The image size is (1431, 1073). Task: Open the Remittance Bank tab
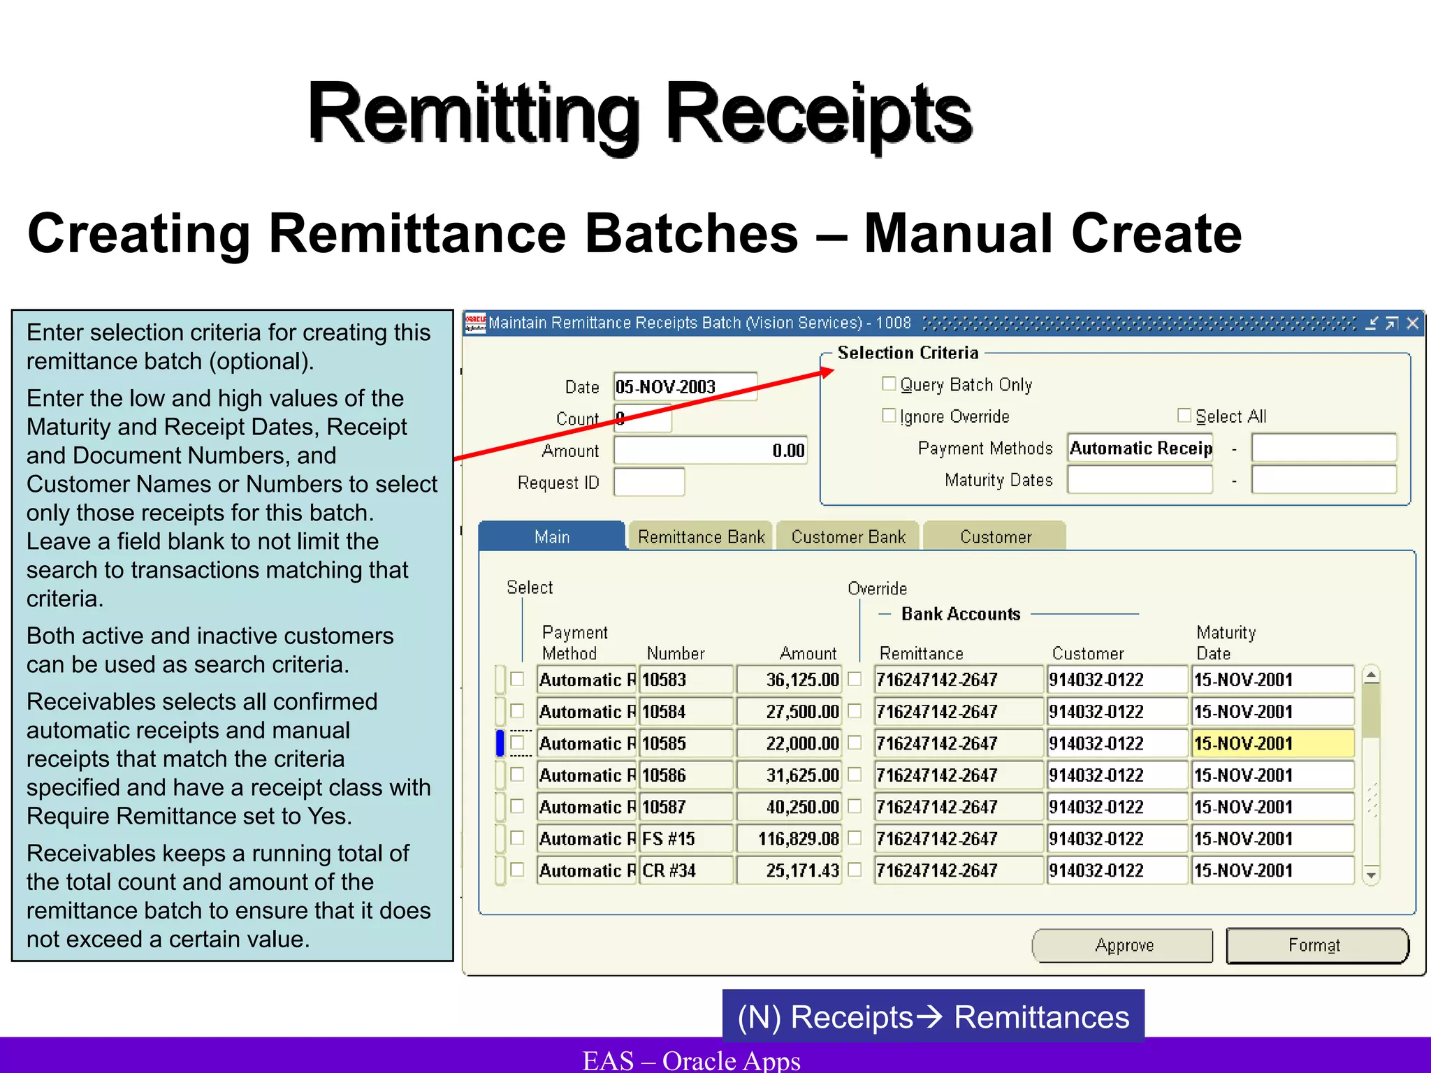click(x=701, y=536)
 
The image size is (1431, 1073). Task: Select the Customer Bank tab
click(x=848, y=536)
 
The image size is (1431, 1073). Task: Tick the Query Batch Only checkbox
click(x=889, y=384)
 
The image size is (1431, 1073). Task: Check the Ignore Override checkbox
click(x=889, y=416)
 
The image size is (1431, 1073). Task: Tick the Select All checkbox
click(x=1184, y=416)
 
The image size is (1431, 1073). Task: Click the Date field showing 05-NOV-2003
click(x=685, y=386)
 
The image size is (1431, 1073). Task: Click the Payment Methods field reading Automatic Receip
click(x=1140, y=448)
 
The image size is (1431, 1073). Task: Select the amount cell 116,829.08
click(x=790, y=838)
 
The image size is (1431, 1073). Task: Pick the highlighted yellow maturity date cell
click(x=1272, y=743)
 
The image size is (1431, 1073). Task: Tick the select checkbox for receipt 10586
click(x=517, y=775)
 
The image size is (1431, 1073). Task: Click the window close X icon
click(x=1412, y=323)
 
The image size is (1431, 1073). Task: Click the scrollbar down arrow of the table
click(x=1371, y=875)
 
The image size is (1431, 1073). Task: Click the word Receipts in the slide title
click(x=818, y=113)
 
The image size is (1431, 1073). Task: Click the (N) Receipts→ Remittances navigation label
click(x=933, y=1016)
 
